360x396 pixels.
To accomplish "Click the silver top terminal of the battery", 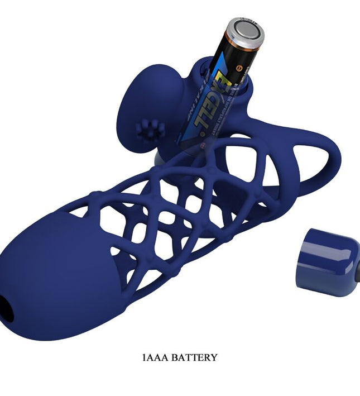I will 245,31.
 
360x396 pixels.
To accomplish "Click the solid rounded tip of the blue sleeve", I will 61,274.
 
